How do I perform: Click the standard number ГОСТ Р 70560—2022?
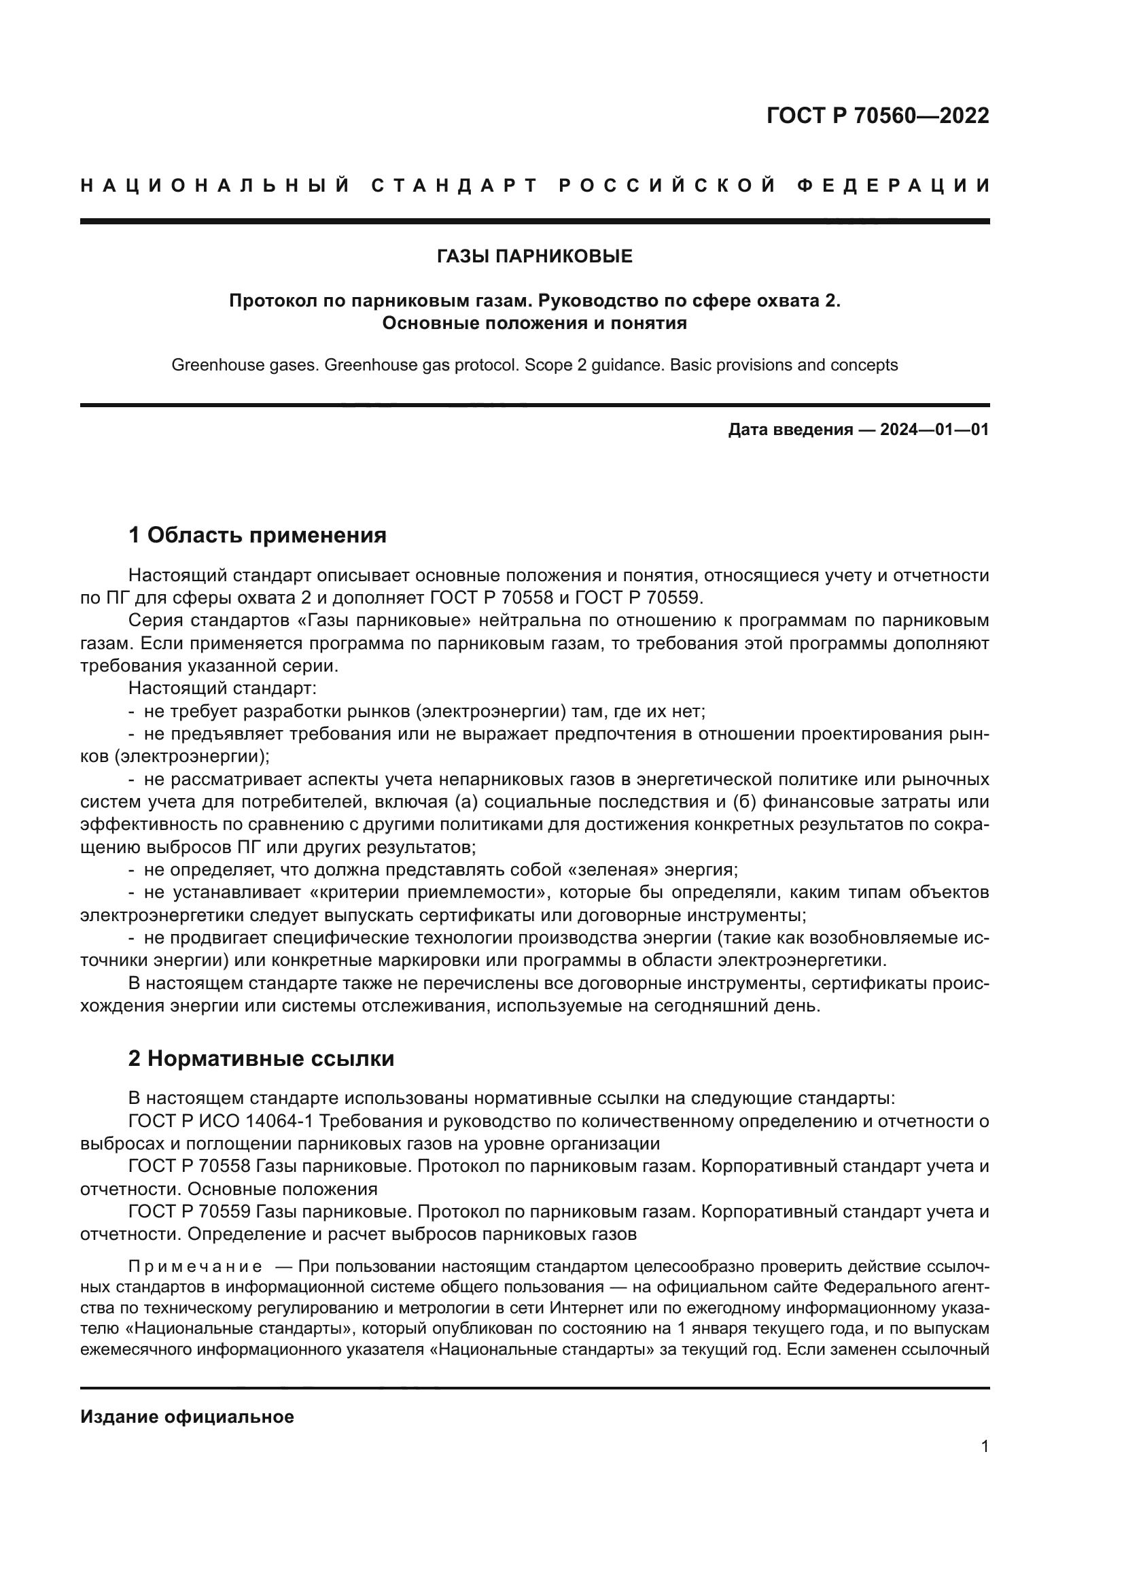pos(877,116)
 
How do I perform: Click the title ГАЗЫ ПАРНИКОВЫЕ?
pos(534,257)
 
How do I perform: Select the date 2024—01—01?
pos(934,430)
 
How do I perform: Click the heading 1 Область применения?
pos(258,535)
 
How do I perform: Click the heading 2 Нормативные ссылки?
pos(262,1059)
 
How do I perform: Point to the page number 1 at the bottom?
pos(984,1447)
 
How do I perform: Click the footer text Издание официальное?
pos(187,1417)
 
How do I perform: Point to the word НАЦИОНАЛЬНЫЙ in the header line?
pos(215,186)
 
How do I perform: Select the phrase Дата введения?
pos(790,430)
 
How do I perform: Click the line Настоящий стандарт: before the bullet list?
pos(222,689)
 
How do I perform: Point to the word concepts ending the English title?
pos(868,365)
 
